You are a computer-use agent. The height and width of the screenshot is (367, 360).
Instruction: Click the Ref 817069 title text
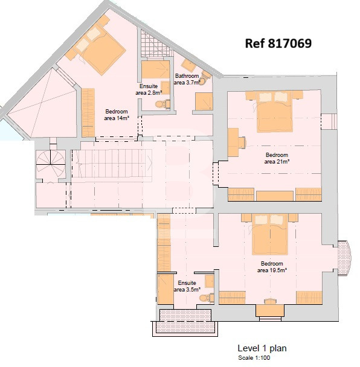(278, 43)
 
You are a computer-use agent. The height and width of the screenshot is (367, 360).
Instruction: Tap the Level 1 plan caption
(262, 348)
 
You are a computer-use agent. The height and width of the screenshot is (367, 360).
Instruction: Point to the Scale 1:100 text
(254, 358)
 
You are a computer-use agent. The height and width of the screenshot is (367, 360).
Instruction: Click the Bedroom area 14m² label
(117, 115)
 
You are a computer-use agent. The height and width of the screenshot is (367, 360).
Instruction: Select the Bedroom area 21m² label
(277, 158)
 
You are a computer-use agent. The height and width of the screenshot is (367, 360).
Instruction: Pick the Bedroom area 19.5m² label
(272, 267)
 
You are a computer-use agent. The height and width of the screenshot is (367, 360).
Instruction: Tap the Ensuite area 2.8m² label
(149, 89)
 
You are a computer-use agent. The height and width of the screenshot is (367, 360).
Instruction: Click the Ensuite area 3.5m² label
(187, 286)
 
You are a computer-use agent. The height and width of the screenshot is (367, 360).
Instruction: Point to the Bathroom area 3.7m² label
(187, 79)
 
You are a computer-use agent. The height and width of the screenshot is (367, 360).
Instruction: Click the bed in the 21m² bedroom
(274, 112)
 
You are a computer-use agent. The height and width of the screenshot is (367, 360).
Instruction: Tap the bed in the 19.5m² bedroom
(270, 234)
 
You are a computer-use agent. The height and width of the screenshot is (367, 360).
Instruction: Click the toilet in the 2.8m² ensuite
(162, 104)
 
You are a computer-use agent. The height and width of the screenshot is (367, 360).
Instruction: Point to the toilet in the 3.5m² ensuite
(207, 298)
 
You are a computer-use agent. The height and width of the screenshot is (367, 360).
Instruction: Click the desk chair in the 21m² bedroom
(242, 142)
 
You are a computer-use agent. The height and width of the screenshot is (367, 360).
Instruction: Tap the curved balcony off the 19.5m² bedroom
(344, 258)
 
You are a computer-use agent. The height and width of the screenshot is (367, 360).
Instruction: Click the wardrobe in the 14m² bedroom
(88, 113)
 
